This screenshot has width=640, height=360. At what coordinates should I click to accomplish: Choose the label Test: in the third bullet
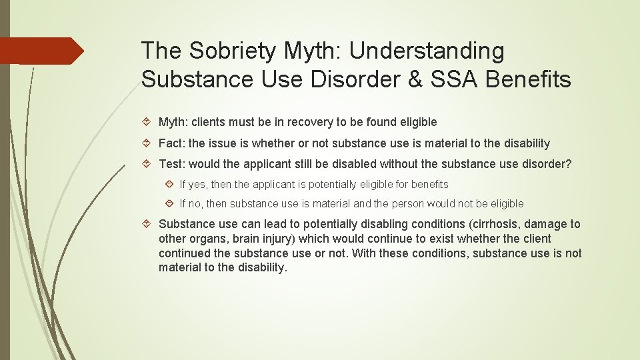(172, 164)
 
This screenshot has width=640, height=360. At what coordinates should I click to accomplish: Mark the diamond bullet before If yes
(169, 184)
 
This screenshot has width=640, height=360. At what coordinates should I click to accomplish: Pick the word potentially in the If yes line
(332, 184)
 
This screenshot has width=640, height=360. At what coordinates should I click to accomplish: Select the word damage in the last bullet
(546, 224)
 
